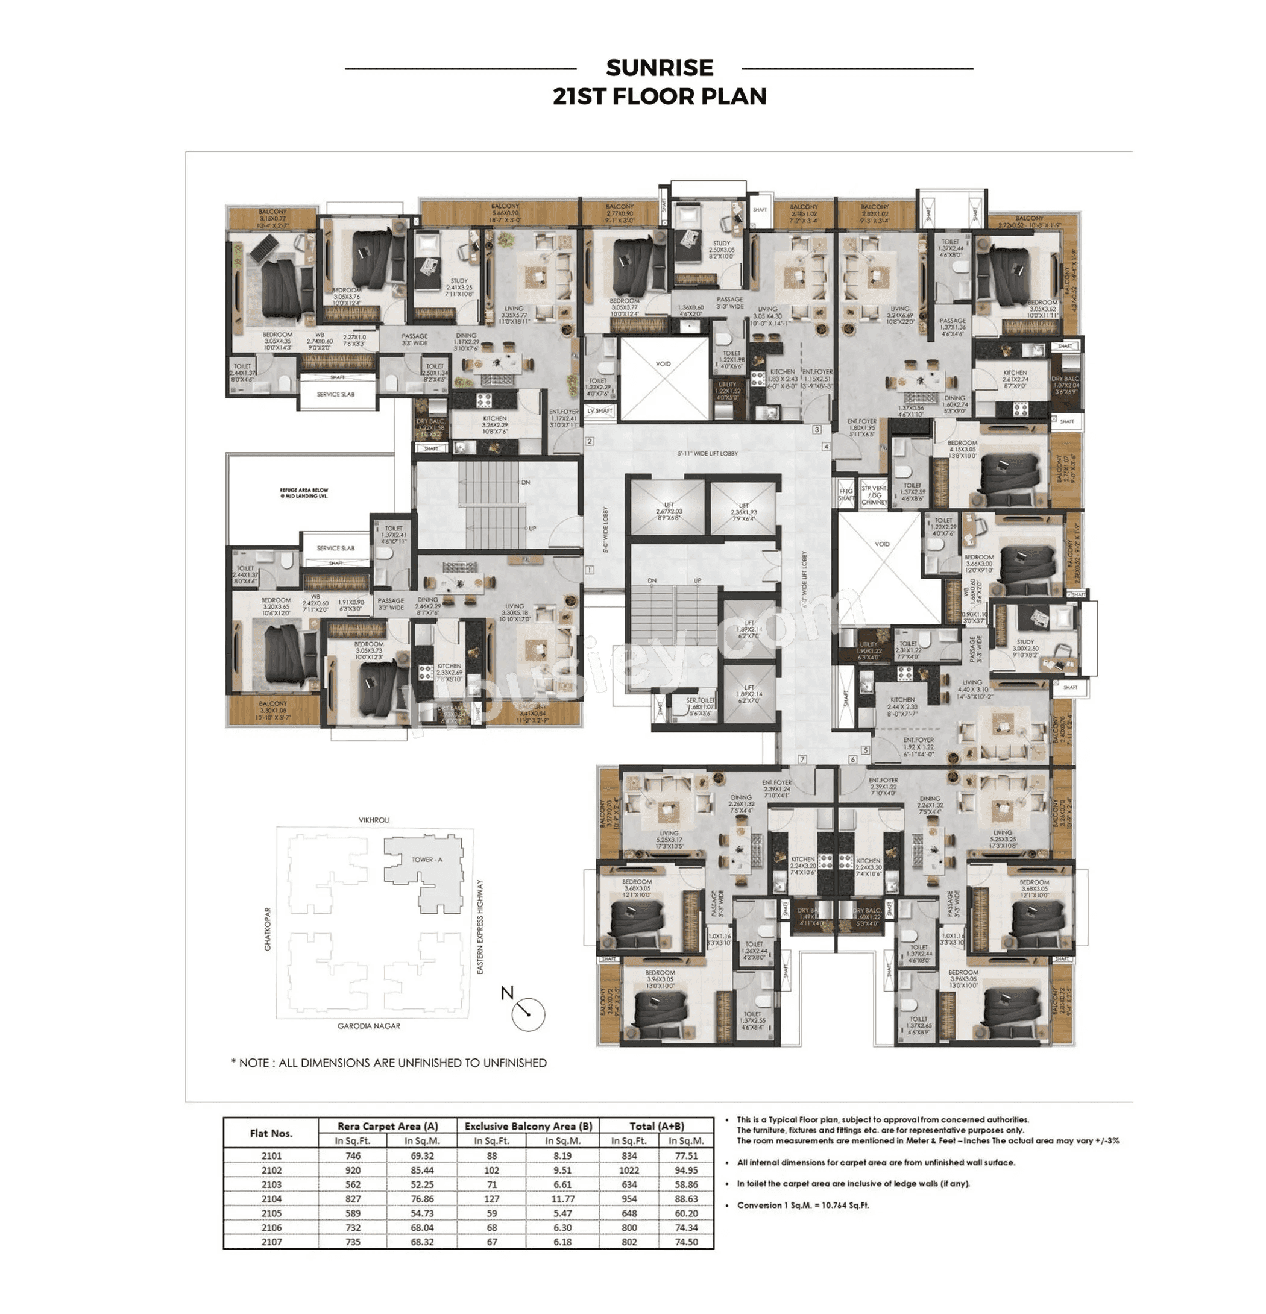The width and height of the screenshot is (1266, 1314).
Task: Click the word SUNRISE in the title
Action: coord(658,68)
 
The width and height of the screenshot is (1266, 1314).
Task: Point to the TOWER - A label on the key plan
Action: coord(426,860)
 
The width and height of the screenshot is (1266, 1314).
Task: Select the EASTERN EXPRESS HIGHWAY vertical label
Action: coord(479,926)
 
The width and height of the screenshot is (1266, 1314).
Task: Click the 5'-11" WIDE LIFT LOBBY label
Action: coord(707,454)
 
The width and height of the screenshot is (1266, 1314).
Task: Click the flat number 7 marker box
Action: coord(802,759)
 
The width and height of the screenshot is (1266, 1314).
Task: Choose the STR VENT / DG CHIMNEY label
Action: coord(874,495)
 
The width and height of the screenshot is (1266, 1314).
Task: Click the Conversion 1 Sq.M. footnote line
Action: coord(802,1205)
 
